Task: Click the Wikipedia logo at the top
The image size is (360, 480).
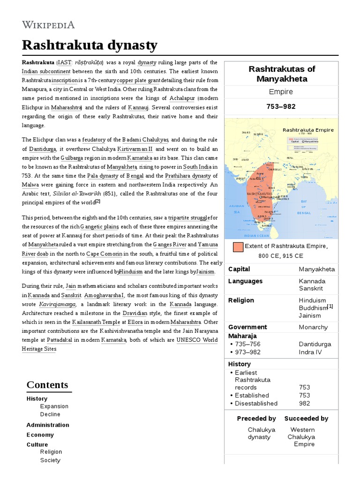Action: point(48,25)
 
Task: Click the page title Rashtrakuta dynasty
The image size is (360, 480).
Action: point(90,45)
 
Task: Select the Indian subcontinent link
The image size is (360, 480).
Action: point(46,71)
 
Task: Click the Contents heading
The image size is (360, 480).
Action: point(47,385)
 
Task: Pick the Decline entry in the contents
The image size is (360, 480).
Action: point(50,414)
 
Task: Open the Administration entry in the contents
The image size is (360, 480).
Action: point(48,425)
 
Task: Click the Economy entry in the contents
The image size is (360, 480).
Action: point(40,435)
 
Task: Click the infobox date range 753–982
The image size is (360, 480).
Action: point(281,106)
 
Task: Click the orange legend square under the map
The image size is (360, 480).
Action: point(238,247)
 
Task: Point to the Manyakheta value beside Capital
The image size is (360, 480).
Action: point(317,269)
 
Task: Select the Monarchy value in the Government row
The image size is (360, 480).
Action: point(313,327)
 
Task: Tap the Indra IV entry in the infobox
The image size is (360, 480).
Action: point(311,352)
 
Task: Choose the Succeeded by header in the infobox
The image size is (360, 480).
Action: point(306,419)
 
